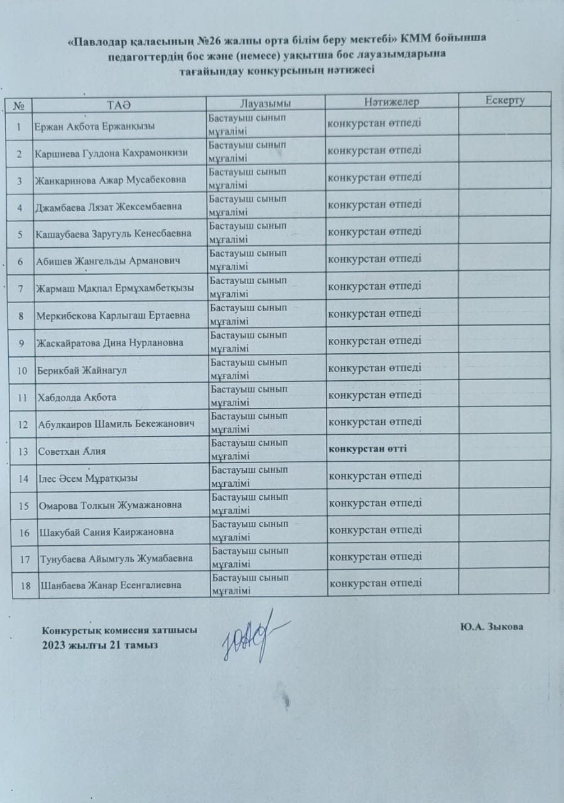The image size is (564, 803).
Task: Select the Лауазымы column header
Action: coord(266,102)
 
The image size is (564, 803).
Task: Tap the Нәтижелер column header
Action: coord(391,101)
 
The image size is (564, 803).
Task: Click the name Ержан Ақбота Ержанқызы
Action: coord(95,126)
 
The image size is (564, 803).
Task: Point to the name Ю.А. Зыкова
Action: coord(491,627)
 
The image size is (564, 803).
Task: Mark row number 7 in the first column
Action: coord(21,289)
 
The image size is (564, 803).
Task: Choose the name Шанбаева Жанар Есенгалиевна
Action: coord(111,585)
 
